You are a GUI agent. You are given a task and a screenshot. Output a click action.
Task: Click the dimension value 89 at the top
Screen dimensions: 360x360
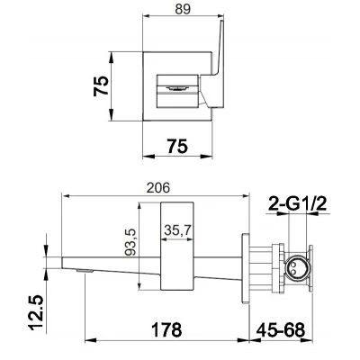point(183,9)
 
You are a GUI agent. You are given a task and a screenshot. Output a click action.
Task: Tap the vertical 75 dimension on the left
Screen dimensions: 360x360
point(101,85)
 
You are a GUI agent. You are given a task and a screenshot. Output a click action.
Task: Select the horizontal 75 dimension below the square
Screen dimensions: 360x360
point(177,146)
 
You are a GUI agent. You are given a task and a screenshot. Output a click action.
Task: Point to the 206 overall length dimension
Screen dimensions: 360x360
point(158,188)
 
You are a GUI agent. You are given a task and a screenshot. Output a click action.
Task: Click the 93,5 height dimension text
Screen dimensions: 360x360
point(130,242)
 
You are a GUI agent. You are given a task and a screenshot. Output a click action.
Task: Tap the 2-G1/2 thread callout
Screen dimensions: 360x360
point(297,205)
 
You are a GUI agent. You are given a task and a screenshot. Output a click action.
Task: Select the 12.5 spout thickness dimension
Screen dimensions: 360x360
point(37,312)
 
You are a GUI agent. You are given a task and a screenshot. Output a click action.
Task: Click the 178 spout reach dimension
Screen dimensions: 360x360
point(166,329)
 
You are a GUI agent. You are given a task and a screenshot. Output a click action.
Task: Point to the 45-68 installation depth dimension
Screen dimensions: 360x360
point(281,329)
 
